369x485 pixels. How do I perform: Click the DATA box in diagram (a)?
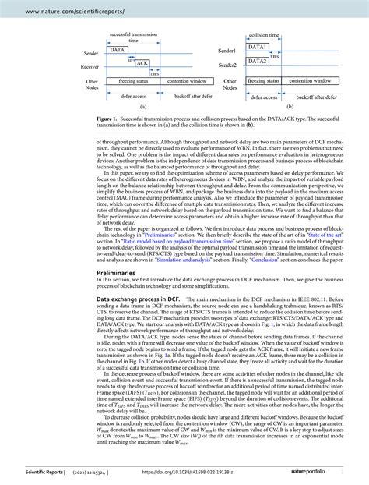click(x=118, y=50)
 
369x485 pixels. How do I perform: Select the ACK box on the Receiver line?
click(x=142, y=64)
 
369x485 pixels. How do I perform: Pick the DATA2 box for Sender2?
click(x=258, y=61)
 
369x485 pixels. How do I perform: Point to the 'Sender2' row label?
click(x=227, y=65)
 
